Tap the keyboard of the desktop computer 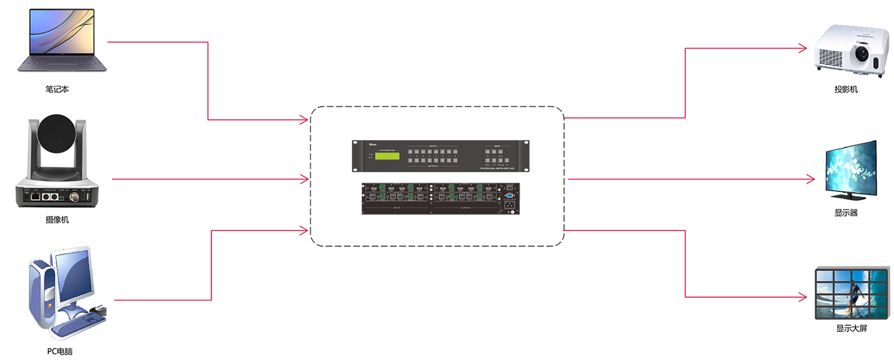pyautogui.click(x=79, y=324)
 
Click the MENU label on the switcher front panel pyautogui.click(x=495, y=146)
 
